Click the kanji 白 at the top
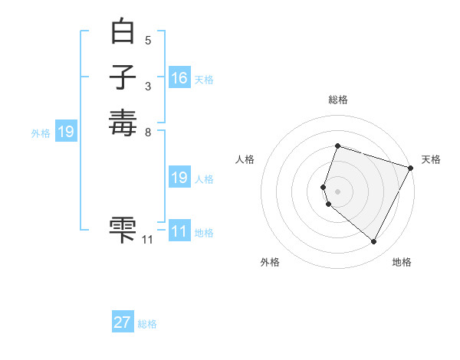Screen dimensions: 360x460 point(123,33)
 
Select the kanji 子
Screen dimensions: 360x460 point(123,77)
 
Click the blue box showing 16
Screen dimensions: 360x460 point(179,78)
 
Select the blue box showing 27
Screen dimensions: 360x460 point(123,322)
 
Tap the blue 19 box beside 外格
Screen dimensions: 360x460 point(66,133)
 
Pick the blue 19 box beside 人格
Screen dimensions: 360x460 point(179,178)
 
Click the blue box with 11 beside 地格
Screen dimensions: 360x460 point(179,232)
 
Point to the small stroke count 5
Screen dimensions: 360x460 point(148,40)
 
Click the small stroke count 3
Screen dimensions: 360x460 point(148,86)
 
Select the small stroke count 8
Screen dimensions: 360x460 point(148,132)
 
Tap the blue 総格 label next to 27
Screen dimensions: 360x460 point(147,324)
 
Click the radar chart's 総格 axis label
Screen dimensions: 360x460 point(338,100)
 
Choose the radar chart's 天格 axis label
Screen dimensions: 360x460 point(431,159)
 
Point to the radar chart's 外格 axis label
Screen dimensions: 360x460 point(270,263)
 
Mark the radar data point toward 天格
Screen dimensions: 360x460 point(411,168)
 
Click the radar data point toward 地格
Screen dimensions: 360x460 point(374,242)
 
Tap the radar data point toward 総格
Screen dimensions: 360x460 point(337,146)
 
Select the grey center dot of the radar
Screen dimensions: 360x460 point(337,191)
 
